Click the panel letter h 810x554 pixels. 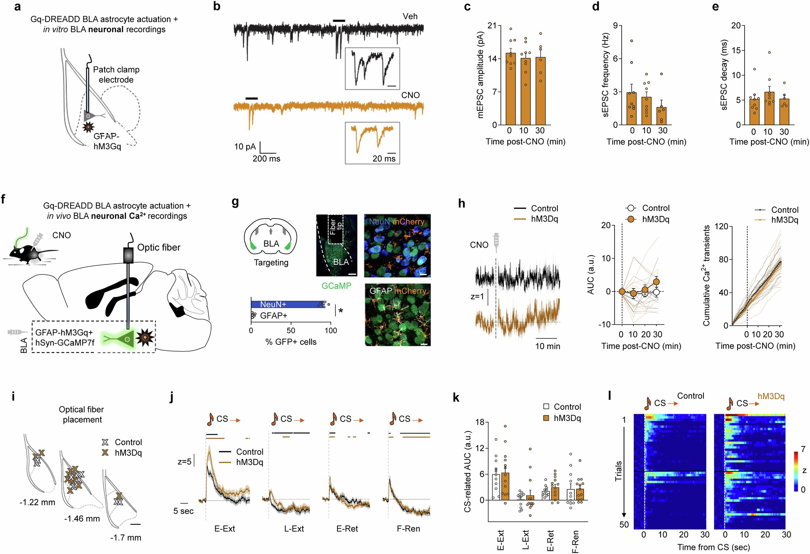(x=462, y=204)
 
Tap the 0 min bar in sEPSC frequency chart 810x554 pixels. (x=631, y=108)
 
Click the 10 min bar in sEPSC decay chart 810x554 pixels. (x=769, y=108)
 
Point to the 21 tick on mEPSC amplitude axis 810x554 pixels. (x=492, y=26)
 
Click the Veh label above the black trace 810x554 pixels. (x=410, y=16)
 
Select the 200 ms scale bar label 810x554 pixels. (x=266, y=159)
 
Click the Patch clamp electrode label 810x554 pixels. (x=116, y=75)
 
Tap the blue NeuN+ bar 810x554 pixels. (x=286, y=304)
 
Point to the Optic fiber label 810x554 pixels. (x=158, y=247)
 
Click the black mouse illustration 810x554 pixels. (x=26, y=255)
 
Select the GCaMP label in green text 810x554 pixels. (x=336, y=286)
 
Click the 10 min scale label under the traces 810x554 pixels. (x=547, y=346)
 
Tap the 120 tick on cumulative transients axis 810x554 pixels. (x=721, y=226)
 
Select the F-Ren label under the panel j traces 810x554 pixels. (x=408, y=529)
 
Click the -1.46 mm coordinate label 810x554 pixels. (x=82, y=519)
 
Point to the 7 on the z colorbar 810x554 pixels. (x=803, y=449)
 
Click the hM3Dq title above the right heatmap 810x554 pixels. (x=771, y=396)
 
